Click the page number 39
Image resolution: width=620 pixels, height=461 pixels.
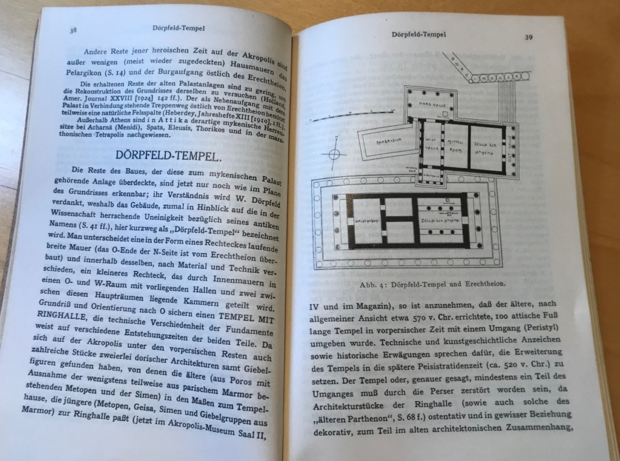(x=529, y=37)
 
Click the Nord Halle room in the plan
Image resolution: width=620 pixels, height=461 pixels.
(x=432, y=100)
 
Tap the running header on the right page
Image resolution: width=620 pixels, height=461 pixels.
(x=419, y=35)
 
